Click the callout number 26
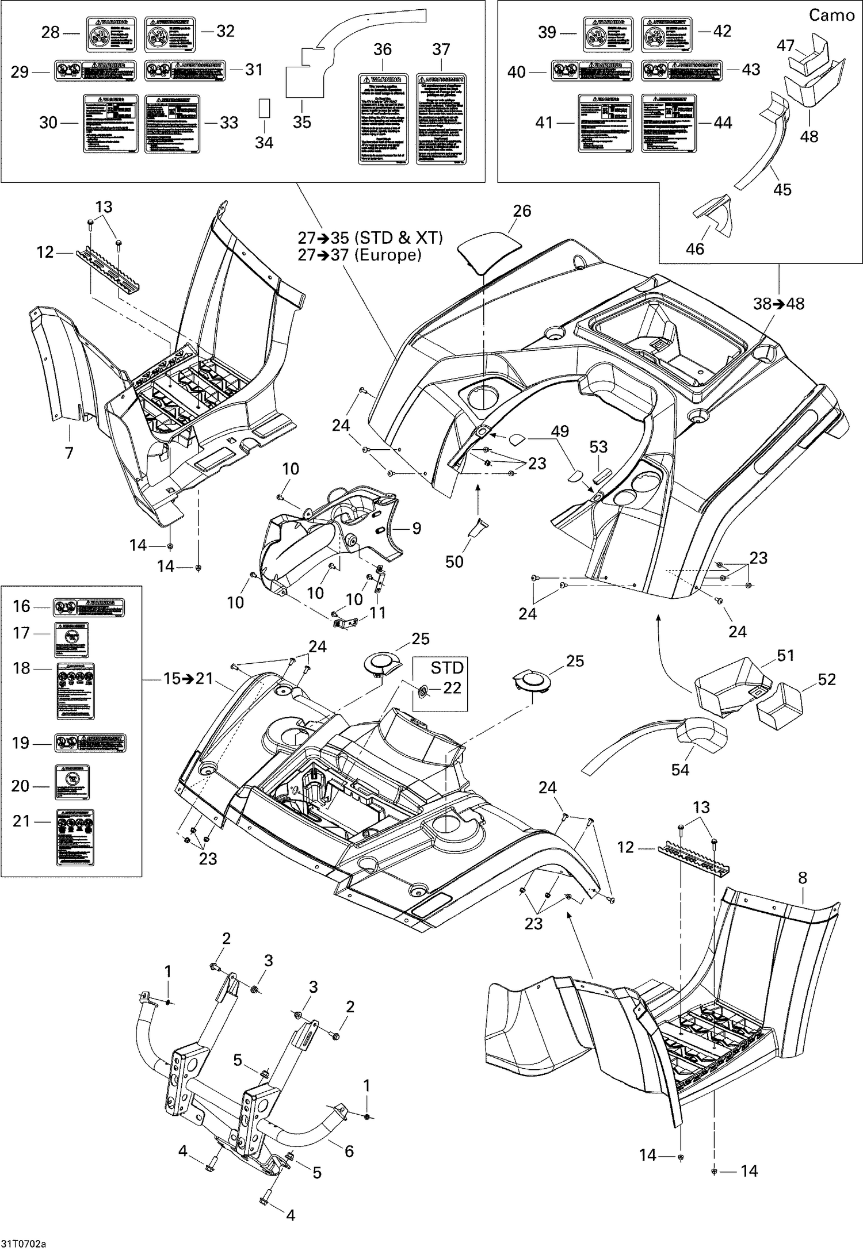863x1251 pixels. tap(522, 211)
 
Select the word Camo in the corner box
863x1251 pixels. tap(831, 15)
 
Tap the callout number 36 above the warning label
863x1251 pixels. tap(383, 49)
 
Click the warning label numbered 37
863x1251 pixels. tap(441, 120)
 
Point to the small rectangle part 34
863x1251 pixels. tap(264, 108)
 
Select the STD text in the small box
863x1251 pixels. tap(447, 667)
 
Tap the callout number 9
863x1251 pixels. tap(417, 527)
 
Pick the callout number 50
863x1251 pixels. tap(454, 561)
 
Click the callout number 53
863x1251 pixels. tap(598, 446)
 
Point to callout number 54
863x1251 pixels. tap(680, 769)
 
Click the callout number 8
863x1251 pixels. tap(803, 878)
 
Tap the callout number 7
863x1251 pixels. tap(69, 453)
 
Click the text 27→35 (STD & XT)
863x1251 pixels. tap(370, 238)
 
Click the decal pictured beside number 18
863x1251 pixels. tap(75, 691)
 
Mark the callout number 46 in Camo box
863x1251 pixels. tap(695, 248)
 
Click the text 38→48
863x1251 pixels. tap(780, 303)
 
